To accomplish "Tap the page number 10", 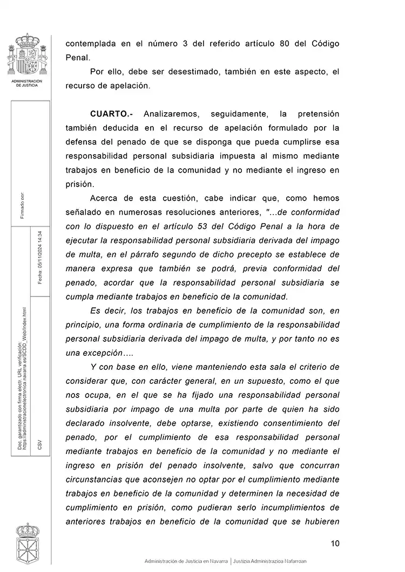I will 335,543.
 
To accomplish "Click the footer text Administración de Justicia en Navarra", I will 186,561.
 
